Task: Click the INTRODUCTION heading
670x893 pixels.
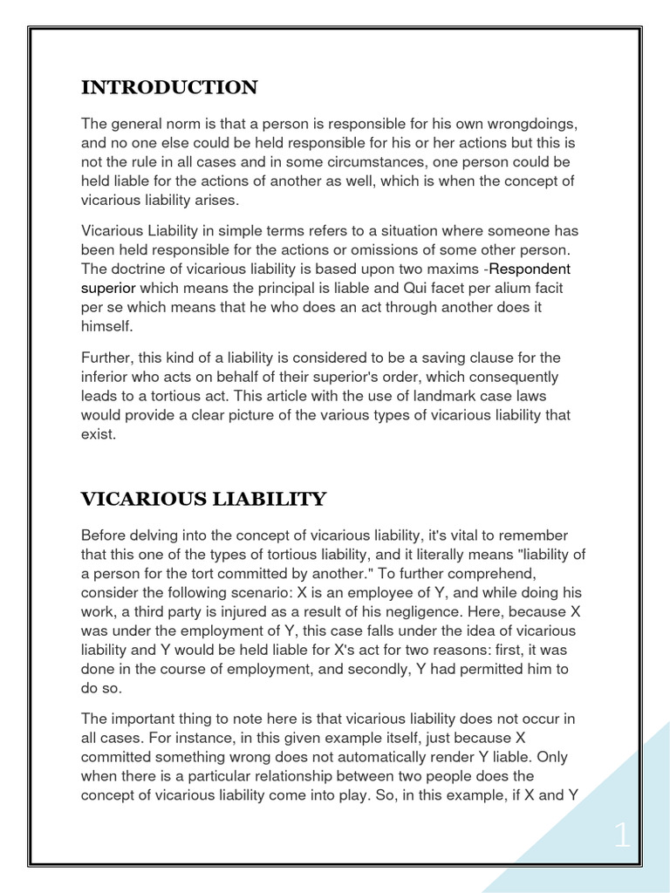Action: (x=169, y=88)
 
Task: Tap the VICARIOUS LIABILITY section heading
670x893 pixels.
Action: (x=203, y=500)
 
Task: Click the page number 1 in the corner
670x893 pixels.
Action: (x=622, y=836)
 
